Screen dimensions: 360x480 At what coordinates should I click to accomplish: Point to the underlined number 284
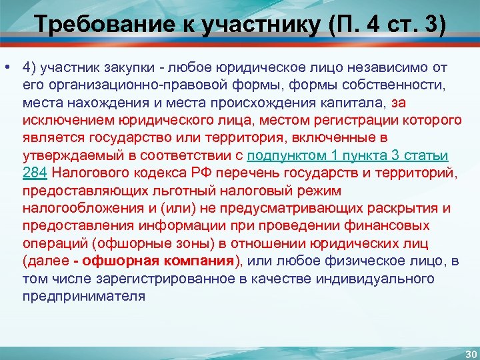(x=34, y=173)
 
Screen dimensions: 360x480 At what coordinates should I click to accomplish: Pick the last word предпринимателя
(x=83, y=295)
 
